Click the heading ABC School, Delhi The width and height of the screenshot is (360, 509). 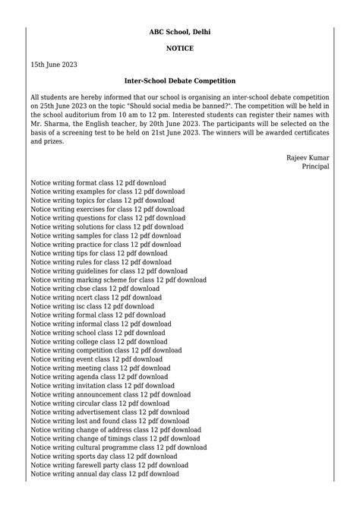(x=180, y=32)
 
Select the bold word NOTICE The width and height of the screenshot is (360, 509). (x=180, y=49)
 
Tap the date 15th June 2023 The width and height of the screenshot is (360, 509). (x=54, y=65)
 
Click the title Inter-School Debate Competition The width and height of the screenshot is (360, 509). (x=180, y=81)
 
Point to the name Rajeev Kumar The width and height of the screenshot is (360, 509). (x=308, y=157)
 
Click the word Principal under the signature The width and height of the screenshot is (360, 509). (x=315, y=166)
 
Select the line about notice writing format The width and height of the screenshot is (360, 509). (x=107, y=183)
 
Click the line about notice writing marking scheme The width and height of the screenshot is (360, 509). (x=118, y=280)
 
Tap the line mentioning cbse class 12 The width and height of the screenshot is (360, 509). (x=95, y=289)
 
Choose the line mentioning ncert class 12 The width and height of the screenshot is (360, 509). (x=96, y=298)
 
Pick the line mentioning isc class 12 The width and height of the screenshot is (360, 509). (x=92, y=306)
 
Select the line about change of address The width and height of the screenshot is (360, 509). (x=116, y=430)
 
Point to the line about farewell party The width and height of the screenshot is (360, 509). (x=109, y=465)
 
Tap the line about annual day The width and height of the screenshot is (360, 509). (x=105, y=474)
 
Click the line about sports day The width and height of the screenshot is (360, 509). (x=103, y=457)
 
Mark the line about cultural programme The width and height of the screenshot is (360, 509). (x=118, y=447)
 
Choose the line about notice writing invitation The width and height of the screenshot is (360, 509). (x=103, y=385)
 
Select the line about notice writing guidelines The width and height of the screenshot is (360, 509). (x=109, y=271)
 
